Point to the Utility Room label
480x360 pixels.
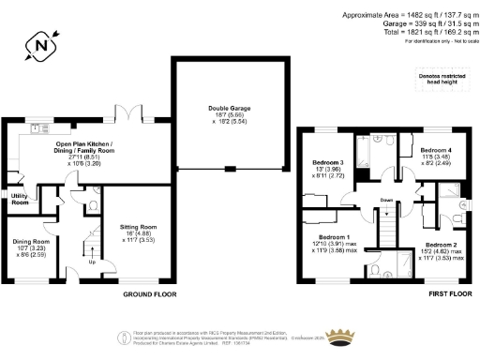coord(20,199)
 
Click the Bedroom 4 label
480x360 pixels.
coord(436,150)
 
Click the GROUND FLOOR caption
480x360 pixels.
coord(151,293)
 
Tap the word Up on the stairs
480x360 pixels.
coord(90,262)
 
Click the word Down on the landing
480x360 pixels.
coord(386,200)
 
